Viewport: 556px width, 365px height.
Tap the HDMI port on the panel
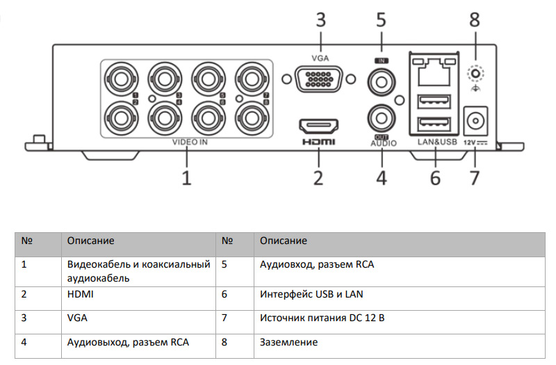(318, 126)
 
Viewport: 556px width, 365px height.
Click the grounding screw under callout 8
(475, 72)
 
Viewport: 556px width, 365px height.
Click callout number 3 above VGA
(320, 19)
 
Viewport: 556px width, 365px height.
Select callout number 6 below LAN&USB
(435, 177)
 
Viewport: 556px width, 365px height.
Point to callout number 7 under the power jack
(475, 177)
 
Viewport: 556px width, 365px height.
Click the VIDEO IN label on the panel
(190, 142)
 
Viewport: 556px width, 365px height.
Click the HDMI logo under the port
(318, 142)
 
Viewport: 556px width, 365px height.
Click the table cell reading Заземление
(288, 342)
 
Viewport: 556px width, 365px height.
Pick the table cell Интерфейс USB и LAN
(311, 294)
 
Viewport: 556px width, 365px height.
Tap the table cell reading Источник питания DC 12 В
(322, 318)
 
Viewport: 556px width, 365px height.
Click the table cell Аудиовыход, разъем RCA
(128, 342)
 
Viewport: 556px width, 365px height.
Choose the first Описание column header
(90, 241)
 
